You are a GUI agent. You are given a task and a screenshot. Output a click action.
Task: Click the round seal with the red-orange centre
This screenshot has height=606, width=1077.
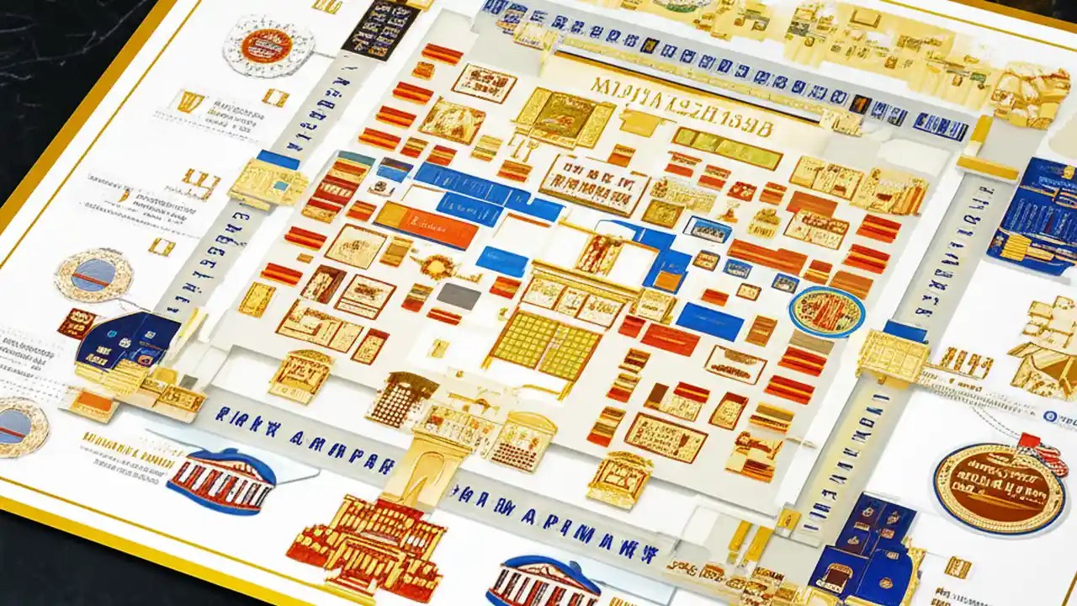coord(268,45)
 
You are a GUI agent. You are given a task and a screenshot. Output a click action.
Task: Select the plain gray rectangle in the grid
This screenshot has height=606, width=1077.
coord(459,295)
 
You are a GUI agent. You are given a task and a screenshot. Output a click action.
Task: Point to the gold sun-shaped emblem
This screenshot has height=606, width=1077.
coord(437,267)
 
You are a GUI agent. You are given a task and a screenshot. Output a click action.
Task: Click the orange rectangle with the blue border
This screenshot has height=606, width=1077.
coord(425,225)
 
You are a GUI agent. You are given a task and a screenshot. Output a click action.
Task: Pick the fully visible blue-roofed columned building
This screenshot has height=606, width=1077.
coord(221,481)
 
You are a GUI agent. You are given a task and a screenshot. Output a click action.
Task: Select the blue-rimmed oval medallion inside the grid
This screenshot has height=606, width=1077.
coord(826,311)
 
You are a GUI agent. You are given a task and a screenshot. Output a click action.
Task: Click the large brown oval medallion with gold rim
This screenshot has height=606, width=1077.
coord(999,487)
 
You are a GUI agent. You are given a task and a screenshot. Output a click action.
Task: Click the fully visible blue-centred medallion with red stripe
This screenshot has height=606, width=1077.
coord(93,275)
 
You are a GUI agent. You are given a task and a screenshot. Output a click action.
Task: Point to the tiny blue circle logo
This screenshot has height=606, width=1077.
coord(1050,416)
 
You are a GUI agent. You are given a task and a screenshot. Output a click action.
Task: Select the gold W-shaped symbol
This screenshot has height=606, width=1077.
coord(189,101)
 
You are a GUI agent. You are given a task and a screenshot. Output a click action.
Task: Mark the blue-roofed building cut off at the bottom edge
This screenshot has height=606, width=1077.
coord(543,582)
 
